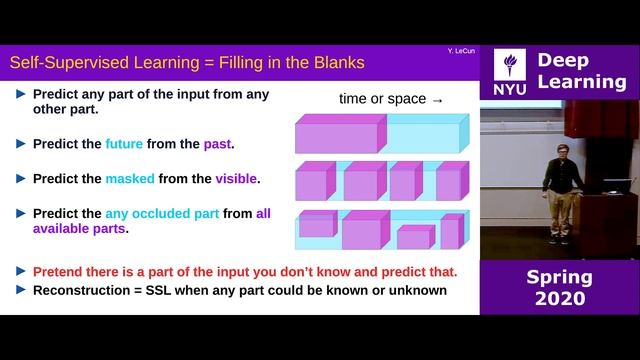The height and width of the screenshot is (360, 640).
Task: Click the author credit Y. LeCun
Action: (x=460, y=49)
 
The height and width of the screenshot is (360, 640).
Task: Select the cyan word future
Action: (x=124, y=144)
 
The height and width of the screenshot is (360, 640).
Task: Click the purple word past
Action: (x=217, y=144)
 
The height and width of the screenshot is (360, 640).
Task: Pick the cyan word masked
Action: (x=130, y=179)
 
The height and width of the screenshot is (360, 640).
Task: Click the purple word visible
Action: (x=236, y=179)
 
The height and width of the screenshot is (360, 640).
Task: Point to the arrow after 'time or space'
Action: (x=436, y=100)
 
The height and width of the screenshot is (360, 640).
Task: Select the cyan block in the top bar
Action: (x=424, y=133)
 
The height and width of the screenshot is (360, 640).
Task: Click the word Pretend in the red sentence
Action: (x=62, y=271)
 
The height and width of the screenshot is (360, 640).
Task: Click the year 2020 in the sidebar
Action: (x=559, y=299)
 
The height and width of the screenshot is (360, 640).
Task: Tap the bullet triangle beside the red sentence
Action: (x=21, y=271)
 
